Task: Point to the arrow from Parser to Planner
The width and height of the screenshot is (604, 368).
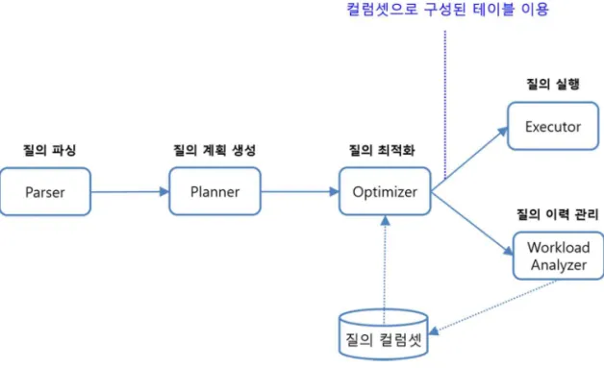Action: pyautogui.click(x=130, y=192)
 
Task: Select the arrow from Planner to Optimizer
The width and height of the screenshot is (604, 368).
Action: pyautogui.click(x=300, y=191)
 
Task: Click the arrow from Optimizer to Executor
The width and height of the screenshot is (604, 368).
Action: pyautogui.click(x=469, y=159)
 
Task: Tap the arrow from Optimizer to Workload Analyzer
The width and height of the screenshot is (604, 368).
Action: pyautogui.click(x=472, y=223)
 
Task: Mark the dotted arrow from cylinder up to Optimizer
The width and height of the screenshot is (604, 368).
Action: pyautogui.click(x=385, y=269)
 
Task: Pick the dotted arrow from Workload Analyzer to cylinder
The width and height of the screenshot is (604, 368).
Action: pyautogui.click(x=492, y=307)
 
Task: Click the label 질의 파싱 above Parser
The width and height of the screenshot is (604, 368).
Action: pyautogui.click(x=50, y=150)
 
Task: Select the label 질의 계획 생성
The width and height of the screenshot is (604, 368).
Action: pyautogui.click(x=214, y=150)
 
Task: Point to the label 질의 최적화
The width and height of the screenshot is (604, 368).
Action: pyautogui.click(x=382, y=150)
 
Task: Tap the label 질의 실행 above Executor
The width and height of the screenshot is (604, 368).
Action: pyautogui.click(x=553, y=84)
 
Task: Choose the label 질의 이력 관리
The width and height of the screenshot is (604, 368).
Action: pyautogui.click(x=558, y=214)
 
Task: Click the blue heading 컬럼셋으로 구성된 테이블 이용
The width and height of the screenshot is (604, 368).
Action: pyautogui.click(x=447, y=9)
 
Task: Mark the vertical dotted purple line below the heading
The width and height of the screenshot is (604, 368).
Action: pyautogui.click(x=445, y=105)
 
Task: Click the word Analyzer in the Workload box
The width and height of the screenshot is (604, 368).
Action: pyautogui.click(x=559, y=265)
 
